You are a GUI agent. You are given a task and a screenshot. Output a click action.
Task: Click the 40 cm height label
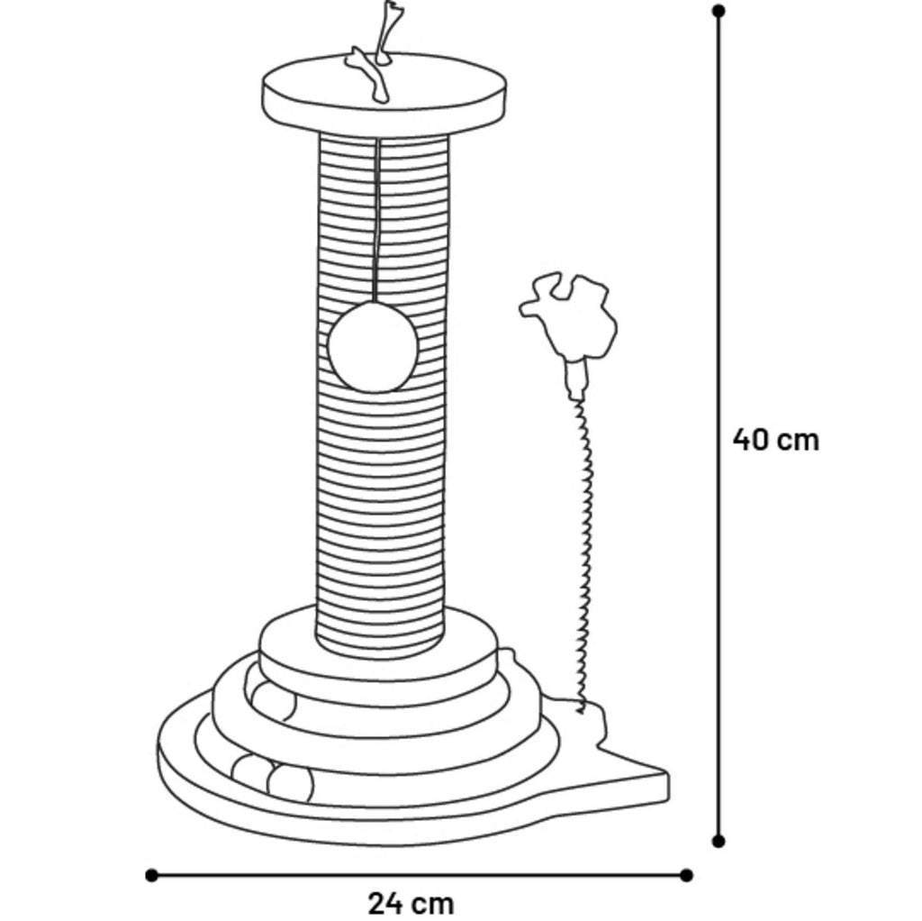coord(775,440)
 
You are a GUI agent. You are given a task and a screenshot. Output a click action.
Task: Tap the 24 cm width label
coord(411,903)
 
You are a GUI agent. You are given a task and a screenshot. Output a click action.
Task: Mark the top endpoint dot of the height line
coord(718,11)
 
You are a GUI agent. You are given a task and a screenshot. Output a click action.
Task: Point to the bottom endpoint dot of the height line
coord(718,841)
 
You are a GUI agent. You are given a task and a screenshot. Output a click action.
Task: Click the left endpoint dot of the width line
coord(151,875)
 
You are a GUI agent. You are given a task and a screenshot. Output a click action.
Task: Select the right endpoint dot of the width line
coord(685,875)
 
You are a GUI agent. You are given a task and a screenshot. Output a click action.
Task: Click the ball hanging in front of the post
coord(372,347)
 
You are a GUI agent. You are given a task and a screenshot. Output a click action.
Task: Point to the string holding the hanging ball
coord(377,221)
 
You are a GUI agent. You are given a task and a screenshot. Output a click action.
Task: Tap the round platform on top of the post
coord(384,94)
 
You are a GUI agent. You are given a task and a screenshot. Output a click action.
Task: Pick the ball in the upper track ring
coord(272,700)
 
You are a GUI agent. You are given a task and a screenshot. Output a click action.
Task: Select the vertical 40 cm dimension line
coord(718,426)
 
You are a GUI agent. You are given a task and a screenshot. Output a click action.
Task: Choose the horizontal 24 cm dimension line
coord(419,875)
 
